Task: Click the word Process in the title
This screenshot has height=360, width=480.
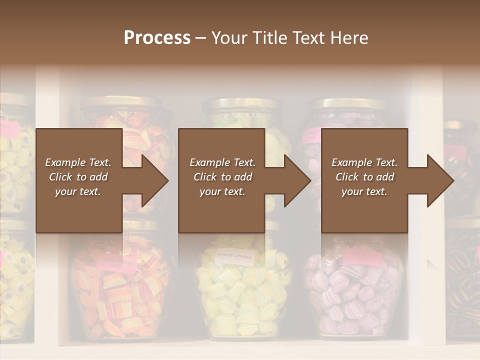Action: tap(157, 38)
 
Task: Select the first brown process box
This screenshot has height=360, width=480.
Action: tap(78, 180)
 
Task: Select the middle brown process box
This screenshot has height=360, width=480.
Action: tap(221, 180)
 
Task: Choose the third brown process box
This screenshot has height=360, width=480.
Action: tap(364, 180)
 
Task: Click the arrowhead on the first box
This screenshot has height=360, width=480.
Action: tap(154, 180)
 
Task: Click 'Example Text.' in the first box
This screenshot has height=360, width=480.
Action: tap(78, 162)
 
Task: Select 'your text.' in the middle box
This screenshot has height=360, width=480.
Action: tap(221, 192)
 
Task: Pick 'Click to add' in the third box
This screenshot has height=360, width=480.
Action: tap(364, 177)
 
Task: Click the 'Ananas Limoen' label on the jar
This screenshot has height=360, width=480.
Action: tap(235, 256)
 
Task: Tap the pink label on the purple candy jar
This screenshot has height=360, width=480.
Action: tap(363, 257)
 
